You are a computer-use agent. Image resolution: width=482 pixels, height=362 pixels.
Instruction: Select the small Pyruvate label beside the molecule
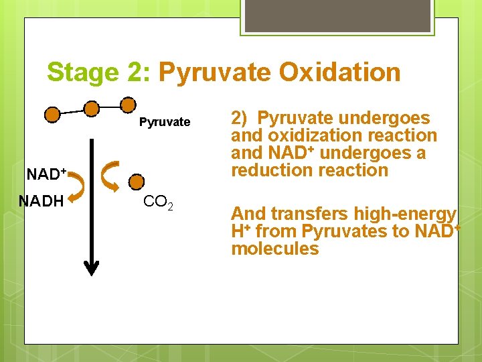click(165, 122)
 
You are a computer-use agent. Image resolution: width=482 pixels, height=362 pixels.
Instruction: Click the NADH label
click(41, 200)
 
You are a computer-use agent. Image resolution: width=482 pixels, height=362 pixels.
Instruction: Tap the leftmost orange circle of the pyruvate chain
click(52, 115)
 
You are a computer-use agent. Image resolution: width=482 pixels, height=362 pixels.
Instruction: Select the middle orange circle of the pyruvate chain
click(91, 108)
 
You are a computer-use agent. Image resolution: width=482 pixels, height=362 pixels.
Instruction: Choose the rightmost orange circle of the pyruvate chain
click(128, 104)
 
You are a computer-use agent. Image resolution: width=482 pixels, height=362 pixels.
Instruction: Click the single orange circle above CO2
click(136, 181)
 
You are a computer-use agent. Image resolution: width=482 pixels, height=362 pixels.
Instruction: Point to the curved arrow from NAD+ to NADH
click(77, 187)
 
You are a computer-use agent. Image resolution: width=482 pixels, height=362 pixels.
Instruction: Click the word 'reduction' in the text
click(271, 170)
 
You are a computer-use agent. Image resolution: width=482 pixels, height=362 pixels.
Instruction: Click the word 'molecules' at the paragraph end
click(274, 249)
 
